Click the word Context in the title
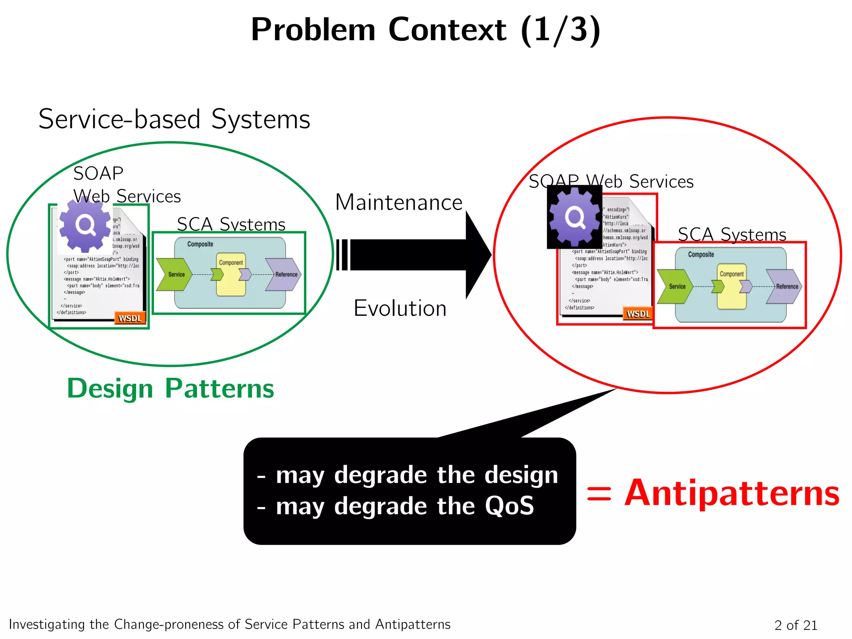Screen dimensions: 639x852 point(447,30)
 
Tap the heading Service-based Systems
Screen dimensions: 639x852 point(174,119)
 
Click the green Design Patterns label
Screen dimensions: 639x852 point(171,389)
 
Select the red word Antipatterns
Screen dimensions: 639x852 point(732,493)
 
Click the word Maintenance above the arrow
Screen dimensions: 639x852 point(399,203)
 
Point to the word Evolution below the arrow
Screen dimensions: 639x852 point(400,308)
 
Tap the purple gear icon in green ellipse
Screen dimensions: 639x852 point(85,225)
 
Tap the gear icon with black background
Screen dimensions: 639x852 point(575,217)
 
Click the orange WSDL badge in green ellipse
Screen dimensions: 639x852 point(130,318)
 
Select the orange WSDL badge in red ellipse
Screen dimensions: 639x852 point(638,314)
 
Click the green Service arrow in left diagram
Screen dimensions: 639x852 point(174,274)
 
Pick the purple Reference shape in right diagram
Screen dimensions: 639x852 point(784,286)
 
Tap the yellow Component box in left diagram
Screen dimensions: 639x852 point(231,275)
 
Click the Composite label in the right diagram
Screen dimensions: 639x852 point(701,254)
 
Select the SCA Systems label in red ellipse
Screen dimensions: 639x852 point(732,235)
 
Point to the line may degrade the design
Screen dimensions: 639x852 point(408,475)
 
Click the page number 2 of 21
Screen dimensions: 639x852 point(795,625)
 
